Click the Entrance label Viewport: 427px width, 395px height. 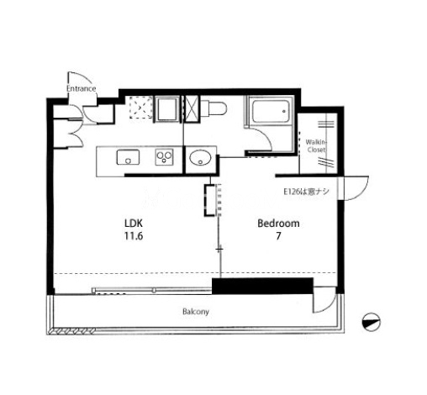pos(82,88)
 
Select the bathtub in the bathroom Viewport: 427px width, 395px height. pos(271,111)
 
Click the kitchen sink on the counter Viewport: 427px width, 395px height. pos(128,157)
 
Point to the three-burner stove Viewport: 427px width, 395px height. pos(165,157)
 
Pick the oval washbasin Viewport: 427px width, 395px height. pos(200,158)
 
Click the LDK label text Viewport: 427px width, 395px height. pos(134,224)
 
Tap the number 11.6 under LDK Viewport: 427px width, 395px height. pos(134,236)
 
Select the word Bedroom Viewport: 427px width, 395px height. pos(278,224)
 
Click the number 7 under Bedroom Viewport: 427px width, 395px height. pos(278,236)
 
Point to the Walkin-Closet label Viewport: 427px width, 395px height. pos(316,145)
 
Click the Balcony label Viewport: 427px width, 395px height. pos(196,312)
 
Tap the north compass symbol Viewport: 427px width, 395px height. pos(372,322)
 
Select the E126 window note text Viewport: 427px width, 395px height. pos(306,192)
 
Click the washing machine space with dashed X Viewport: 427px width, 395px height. pos(141,108)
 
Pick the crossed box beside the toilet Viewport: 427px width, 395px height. pos(192,108)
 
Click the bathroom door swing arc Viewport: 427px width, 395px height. pos(265,139)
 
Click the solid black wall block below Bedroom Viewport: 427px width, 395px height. pos(262,286)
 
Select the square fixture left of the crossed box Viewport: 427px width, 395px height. pos(167,109)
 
